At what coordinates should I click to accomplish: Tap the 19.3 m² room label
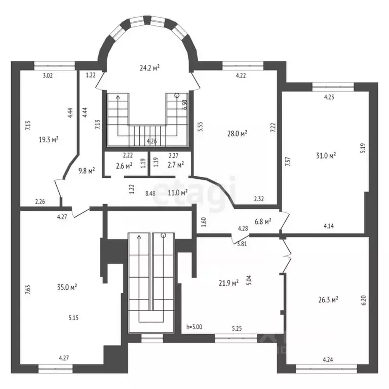click(x=49, y=138)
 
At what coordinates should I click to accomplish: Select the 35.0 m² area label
click(x=66, y=287)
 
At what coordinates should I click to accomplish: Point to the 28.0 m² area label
click(x=237, y=134)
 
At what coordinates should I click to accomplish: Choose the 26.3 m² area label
click(x=328, y=299)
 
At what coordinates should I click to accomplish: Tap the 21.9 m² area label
click(x=228, y=283)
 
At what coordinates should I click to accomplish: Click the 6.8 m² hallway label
click(x=262, y=221)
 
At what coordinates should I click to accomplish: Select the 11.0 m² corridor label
click(x=178, y=192)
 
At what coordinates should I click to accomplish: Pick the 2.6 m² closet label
click(x=124, y=165)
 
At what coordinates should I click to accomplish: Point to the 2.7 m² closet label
click(x=175, y=164)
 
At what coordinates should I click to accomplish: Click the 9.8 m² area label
click(x=87, y=171)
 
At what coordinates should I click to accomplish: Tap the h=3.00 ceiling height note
click(x=194, y=327)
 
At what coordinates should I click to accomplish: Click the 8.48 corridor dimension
click(x=150, y=192)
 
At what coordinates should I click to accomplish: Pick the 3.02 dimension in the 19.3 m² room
click(x=47, y=75)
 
